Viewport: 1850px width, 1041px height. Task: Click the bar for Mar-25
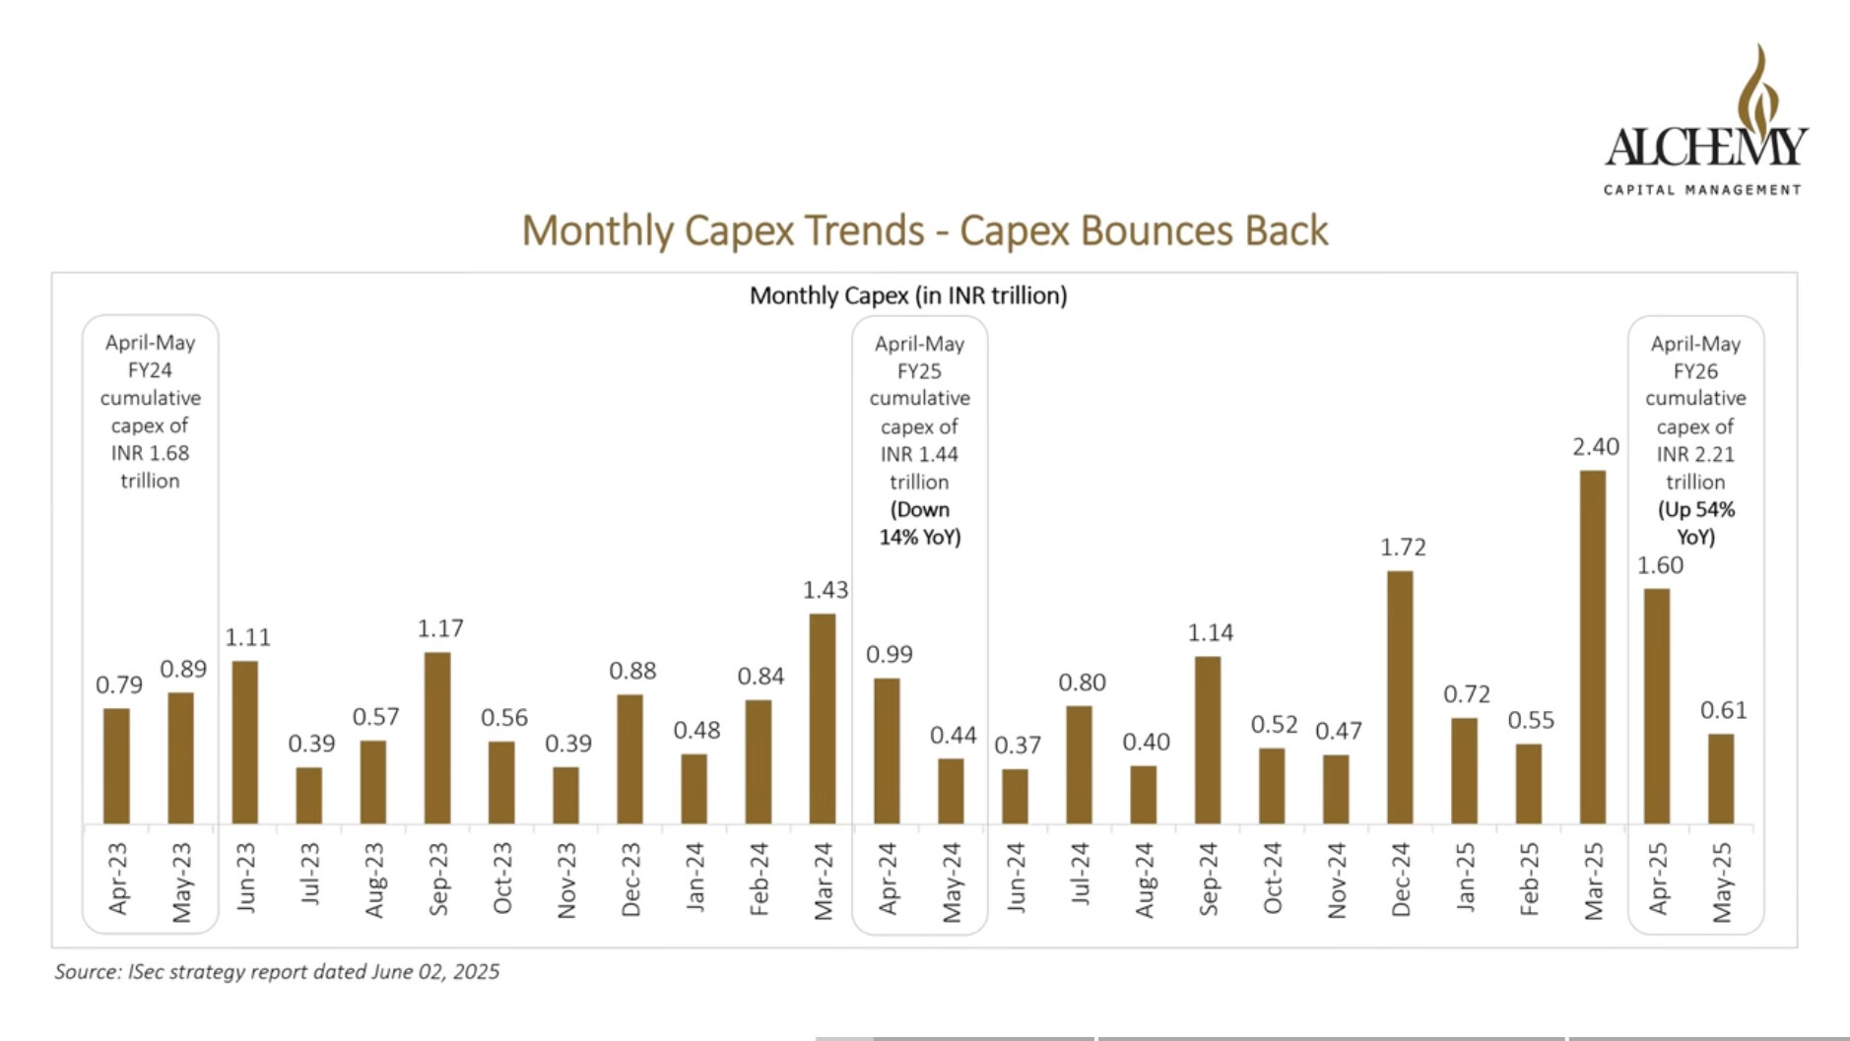[x=1592, y=647]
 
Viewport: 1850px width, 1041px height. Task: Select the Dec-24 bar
[x=1400, y=697]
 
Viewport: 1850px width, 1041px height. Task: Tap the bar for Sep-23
[x=437, y=738]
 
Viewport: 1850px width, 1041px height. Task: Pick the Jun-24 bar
[x=1015, y=796]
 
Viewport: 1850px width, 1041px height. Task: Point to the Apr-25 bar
[x=1657, y=706]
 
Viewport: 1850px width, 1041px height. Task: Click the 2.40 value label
[x=1595, y=447]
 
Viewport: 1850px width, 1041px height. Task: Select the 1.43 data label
[x=825, y=590]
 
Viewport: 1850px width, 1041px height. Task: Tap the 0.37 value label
[x=1017, y=746]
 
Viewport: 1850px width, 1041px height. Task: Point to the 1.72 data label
[x=1403, y=548]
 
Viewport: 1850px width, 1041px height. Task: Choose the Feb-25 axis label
[x=1529, y=879]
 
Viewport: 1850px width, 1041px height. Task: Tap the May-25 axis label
[x=1721, y=882]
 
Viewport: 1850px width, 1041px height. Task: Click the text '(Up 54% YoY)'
[x=1695, y=523]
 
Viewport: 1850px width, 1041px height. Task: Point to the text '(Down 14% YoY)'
[x=919, y=523]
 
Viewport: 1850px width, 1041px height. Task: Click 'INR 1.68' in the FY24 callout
[x=150, y=453]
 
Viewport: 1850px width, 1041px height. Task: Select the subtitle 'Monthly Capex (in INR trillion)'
[x=908, y=295]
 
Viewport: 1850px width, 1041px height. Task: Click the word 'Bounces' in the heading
[x=1155, y=231]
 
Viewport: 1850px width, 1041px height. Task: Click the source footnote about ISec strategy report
[x=277, y=972]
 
